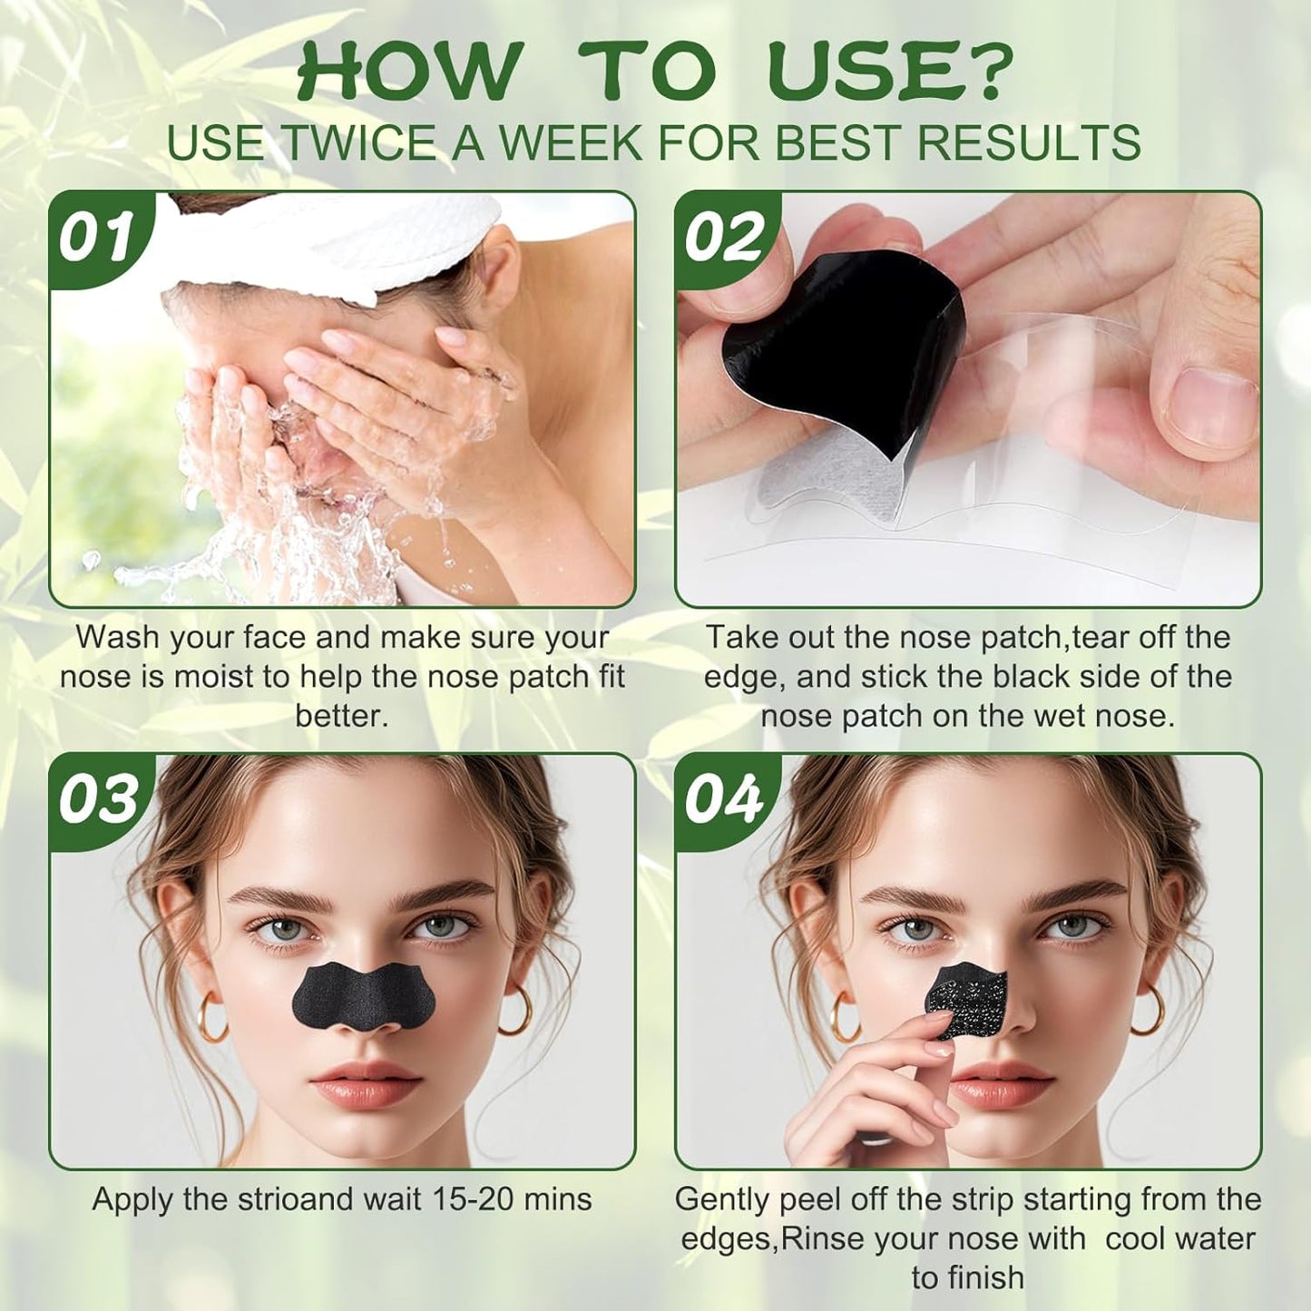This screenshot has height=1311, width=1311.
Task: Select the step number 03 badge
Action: [x=98, y=799]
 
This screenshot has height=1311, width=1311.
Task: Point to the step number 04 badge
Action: [x=723, y=799]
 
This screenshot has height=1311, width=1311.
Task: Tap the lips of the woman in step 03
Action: [x=366, y=1082]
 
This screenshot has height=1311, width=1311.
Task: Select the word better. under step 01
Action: [x=342, y=716]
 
